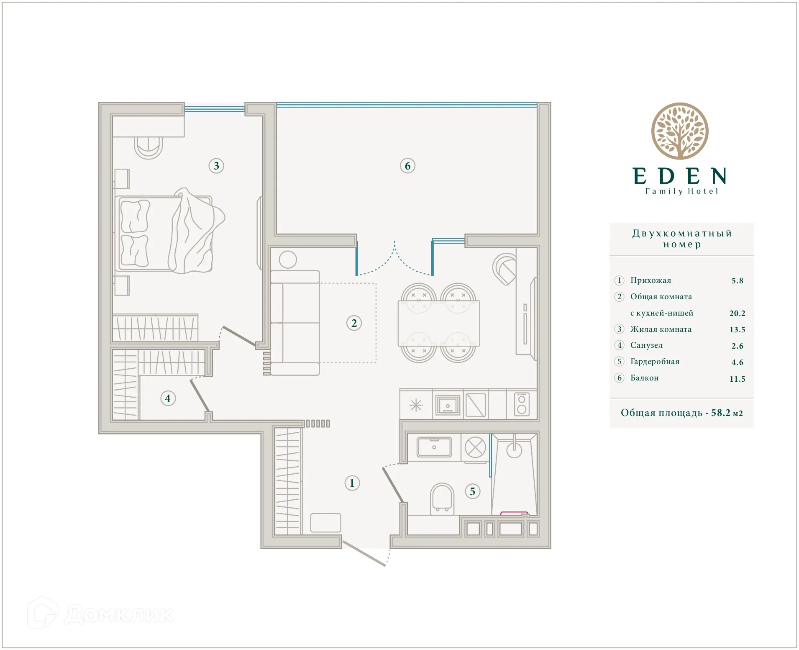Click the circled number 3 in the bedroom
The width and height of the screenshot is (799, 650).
(216, 166)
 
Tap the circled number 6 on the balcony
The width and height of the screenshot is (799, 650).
(407, 166)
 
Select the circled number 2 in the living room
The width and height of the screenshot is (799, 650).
(354, 323)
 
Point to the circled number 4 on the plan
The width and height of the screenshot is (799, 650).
(168, 398)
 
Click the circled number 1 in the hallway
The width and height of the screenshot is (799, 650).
(352, 483)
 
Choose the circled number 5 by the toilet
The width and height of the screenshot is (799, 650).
(472, 491)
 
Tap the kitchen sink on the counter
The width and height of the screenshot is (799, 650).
(447, 405)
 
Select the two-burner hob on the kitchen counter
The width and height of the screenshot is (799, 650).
(522, 405)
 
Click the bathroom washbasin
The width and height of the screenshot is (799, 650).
(434, 447)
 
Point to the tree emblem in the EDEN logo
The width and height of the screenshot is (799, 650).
(680, 131)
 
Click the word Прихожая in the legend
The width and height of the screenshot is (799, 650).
(650, 280)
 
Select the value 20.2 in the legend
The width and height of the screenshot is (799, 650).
(737, 313)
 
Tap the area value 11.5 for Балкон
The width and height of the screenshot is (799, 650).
(737, 379)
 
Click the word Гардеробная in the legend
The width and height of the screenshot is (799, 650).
(655, 362)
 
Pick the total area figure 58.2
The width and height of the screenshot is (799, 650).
(720, 413)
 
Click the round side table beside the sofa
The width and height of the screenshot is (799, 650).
(288, 259)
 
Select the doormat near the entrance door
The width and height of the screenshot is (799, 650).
(325, 523)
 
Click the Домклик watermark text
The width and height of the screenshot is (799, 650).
(119, 614)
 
